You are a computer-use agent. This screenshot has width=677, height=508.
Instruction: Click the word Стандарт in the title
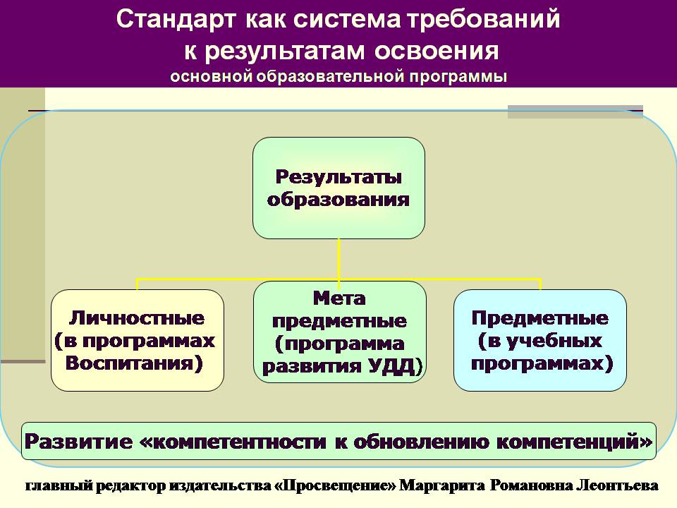[x=176, y=20]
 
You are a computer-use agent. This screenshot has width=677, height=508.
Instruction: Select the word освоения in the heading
[x=437, y=51]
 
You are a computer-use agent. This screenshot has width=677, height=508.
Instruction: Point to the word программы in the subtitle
[x=458, y=77]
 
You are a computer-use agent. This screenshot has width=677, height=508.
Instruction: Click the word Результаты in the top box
[x=339, y=176]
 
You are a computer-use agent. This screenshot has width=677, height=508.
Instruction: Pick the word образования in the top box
[x=338, y=200]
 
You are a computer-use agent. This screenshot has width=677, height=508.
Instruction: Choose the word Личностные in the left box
[x=137, y=318]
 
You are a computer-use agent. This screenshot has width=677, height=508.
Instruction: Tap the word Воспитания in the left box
[x=134, y=363]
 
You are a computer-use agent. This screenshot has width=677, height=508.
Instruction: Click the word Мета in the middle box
[x=339, y=298]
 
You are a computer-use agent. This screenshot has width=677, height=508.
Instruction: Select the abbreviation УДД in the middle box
[x=391, y=366]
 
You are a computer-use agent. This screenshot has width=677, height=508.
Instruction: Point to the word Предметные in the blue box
[x=540, y=318]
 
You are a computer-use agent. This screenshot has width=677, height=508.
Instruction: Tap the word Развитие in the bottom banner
[x=78, y=442]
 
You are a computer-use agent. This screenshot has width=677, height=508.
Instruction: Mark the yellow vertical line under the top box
[x=339, y=263]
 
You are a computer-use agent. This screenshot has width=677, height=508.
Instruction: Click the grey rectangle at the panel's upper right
[x=575, y=112]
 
